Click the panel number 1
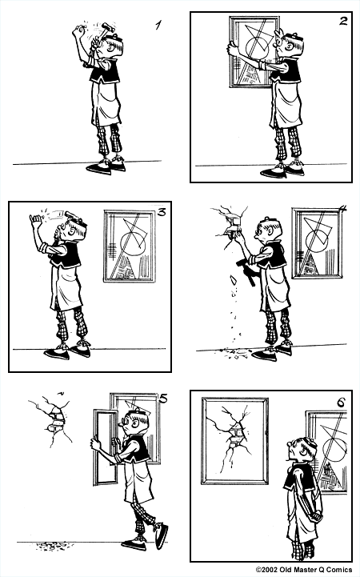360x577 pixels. coord(158,26)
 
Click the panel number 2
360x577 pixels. coord(342,21)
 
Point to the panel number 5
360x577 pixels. coord(162,398)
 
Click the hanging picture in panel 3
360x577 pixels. coord(130,245)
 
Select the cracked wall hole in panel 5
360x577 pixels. coord(53,419)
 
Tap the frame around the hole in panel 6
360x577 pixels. coord(234,440)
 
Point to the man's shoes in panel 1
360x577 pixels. coord(106,166)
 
